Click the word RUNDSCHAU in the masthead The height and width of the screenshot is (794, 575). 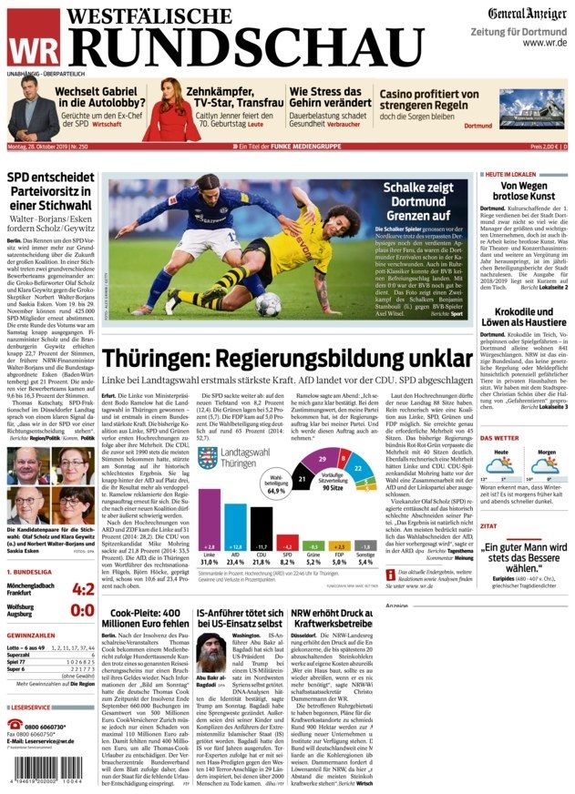(x=246, y=46)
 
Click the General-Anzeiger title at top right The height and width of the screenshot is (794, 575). (x=526, y=14)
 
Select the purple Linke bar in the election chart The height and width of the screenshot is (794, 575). (x=210, y=520)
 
